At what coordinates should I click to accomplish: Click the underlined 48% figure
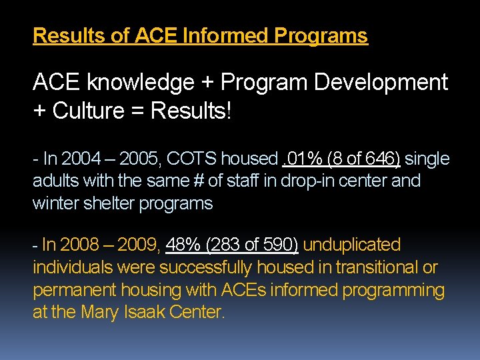(183, 245)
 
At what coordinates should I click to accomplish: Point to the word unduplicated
(352, 245)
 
